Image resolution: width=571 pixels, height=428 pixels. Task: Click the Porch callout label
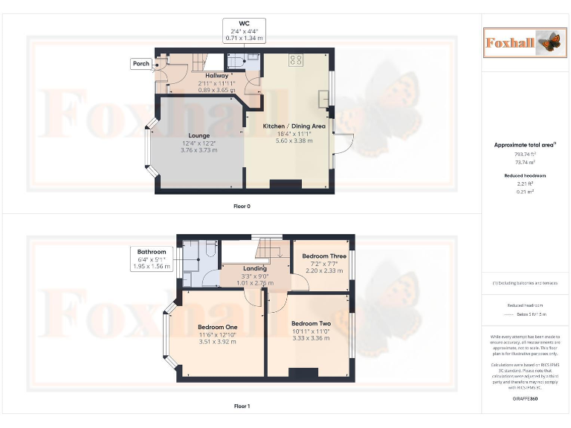[141, 64]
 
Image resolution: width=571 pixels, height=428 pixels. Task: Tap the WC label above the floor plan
[245, 23]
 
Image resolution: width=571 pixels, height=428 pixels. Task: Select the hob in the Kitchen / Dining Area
[295, 60]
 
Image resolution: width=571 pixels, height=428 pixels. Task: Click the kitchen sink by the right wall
[324, 100]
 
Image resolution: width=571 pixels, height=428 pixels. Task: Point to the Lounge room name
[199, 134]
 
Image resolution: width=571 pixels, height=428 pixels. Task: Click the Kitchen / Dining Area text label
[294, 126]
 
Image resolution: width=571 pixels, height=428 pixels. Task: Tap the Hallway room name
[216, 76]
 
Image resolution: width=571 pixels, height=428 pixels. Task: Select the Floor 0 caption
[242, 206]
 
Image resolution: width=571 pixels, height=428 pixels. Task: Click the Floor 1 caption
[242, 406]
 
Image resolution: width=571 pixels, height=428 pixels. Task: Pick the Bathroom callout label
[151, 251]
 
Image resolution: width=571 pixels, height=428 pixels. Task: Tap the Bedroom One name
[218, 328]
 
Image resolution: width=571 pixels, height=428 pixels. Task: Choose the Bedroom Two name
[311, 324]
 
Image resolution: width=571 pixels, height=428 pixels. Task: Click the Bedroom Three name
[324, 256]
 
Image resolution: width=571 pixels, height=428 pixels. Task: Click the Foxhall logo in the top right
[521, 42]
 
